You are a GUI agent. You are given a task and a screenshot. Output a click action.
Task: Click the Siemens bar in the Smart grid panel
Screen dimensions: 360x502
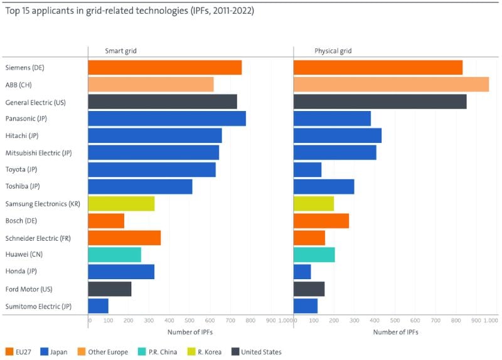[x=164, y=67]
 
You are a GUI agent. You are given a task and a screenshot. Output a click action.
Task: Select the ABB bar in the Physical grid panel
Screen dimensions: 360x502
[x=391, y=84]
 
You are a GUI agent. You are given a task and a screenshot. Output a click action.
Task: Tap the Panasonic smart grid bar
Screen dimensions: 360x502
[x=167, y=118]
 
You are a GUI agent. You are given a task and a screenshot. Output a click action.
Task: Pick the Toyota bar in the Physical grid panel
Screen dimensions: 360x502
[x=307, y=169]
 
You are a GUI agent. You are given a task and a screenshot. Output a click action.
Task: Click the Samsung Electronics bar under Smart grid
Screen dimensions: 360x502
[x=121, y=203]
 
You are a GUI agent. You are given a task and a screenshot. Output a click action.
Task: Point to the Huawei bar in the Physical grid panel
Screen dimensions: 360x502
[x=314, y=254]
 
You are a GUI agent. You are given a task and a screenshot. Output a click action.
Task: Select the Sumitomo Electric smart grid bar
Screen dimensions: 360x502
[x=98, y=305]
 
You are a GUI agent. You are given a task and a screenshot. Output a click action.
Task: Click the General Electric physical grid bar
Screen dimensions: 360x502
[x=380, y=101]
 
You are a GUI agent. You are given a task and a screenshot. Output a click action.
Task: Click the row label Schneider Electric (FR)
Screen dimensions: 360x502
[x=38, y=238]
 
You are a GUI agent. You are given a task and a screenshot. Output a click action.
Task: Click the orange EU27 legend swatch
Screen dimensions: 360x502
[x=9, y=352]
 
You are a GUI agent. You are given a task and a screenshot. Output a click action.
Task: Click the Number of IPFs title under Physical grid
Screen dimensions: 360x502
[x=395, y=332]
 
